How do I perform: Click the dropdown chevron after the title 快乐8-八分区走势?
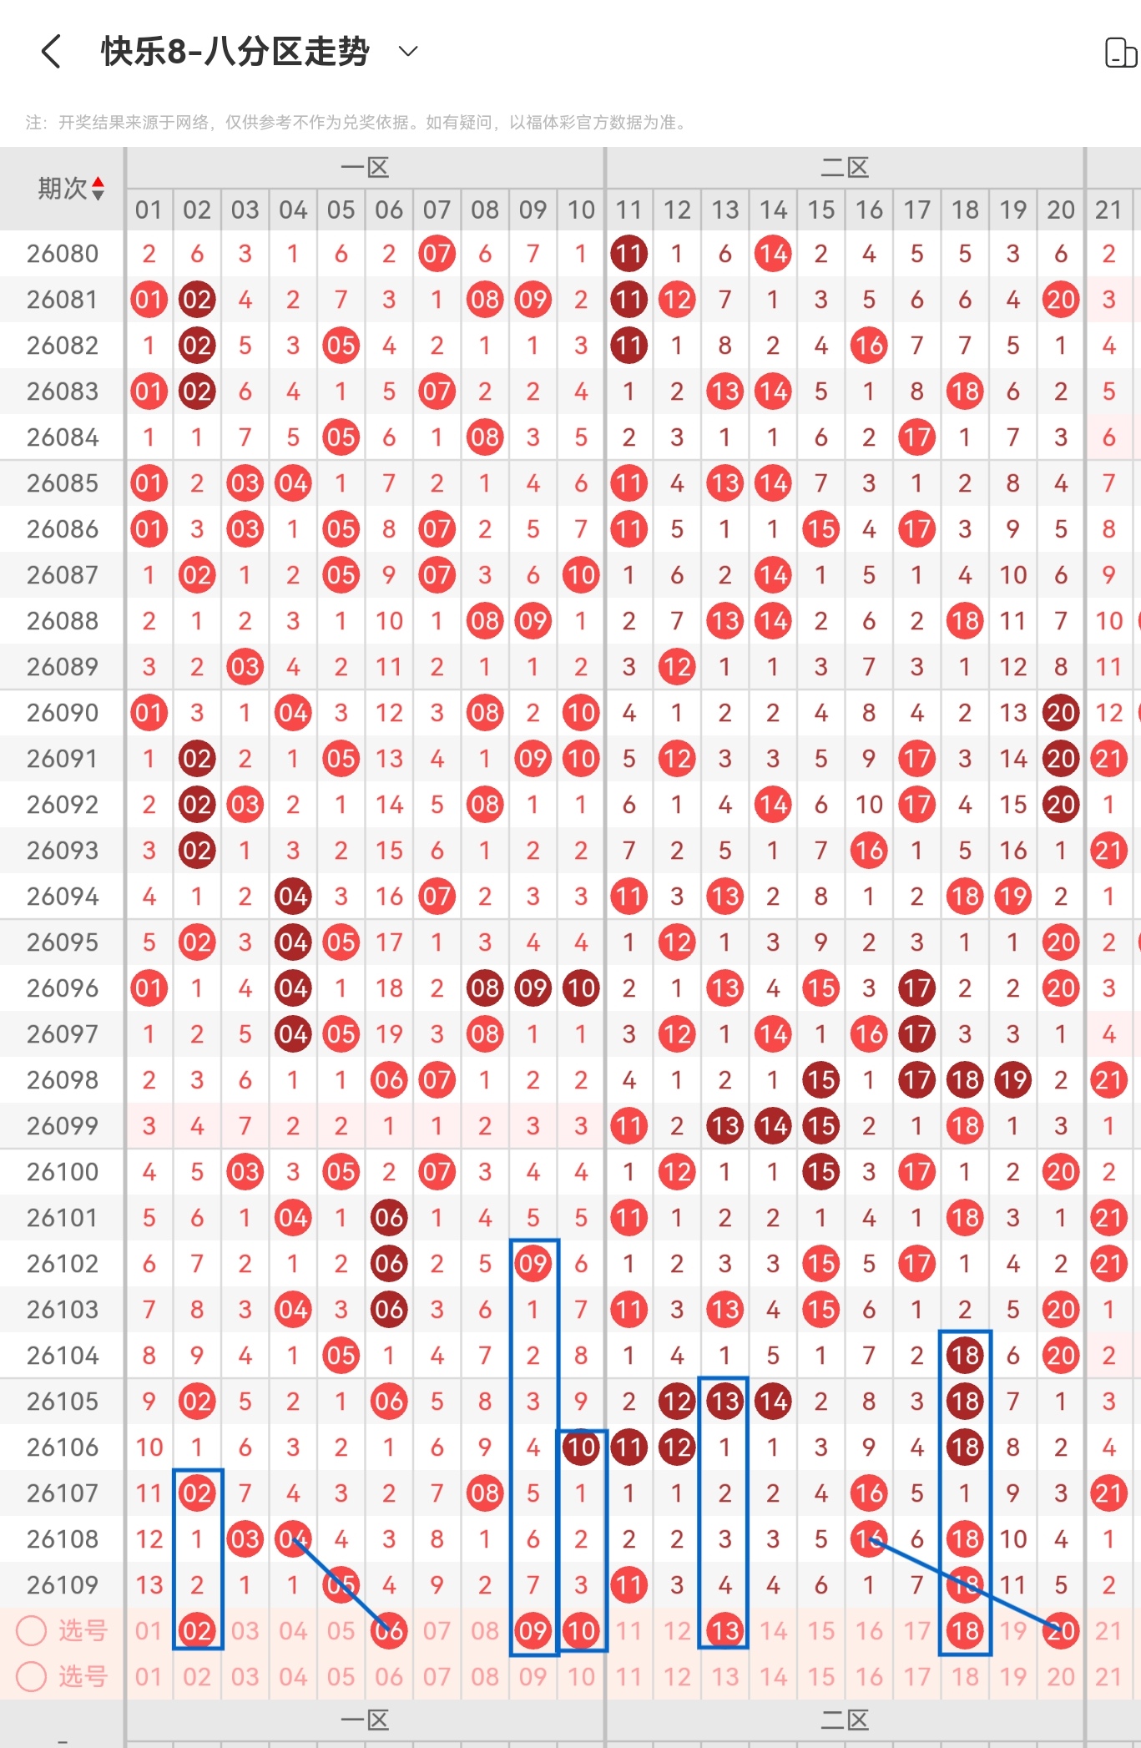(408, 52)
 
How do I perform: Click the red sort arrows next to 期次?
(98, 189)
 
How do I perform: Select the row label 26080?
(63, 254)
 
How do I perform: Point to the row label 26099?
(63, 1126)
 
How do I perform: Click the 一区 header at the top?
(365, 168)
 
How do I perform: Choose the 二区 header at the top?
(845, 168)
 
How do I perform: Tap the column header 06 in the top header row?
(389, 210)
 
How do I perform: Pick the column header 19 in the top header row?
(1013, 210)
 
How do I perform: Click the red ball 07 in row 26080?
(437, 254)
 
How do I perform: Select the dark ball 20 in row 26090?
(1061, 713)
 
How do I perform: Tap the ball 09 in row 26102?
(533, 1264)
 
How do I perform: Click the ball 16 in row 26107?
(869, 1493)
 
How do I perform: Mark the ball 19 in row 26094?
(1013, 897)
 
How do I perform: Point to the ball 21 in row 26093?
(1108, 851)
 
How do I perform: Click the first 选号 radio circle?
(32, 1630)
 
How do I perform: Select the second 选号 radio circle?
(32, 1676)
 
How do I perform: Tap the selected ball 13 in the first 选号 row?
(724, 1630)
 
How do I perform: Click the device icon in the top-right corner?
(1120, 53)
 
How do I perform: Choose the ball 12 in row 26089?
(677, 667)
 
